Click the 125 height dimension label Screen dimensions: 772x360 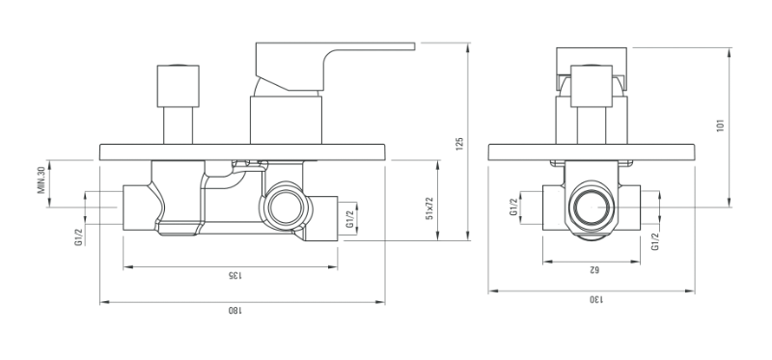460,144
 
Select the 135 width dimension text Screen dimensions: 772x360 234,275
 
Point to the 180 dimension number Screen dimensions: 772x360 235,310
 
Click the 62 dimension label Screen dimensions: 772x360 593,269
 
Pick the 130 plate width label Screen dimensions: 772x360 596,298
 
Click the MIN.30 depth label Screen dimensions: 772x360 41,180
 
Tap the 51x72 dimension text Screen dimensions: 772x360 429,208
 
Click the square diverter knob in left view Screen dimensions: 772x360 179,86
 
